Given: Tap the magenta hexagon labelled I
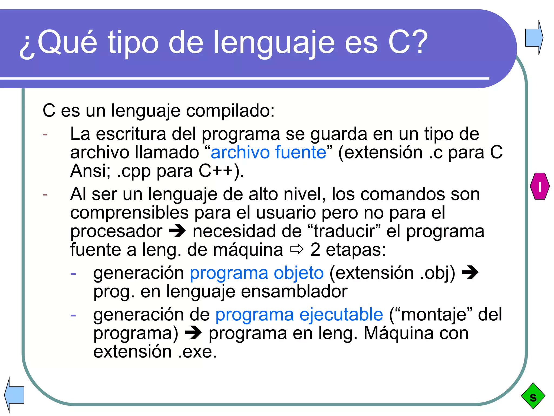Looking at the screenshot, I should click(x=540, y=186).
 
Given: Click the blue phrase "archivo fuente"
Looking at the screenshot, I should click(x=268, y=152).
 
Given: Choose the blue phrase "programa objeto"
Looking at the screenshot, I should click(x=257, y=273).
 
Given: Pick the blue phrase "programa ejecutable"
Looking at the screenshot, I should click(x=299, y=314).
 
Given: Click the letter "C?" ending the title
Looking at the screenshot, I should click(x=408, y=43).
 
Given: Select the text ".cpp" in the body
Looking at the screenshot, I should click(x=134, y=171).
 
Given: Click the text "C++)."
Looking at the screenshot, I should click(x=221, y=171).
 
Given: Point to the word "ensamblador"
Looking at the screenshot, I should click(x=294, y=291).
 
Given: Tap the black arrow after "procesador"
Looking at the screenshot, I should click(x=177, y=231).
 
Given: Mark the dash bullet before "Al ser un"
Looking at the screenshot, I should click(x=45, y=194).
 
